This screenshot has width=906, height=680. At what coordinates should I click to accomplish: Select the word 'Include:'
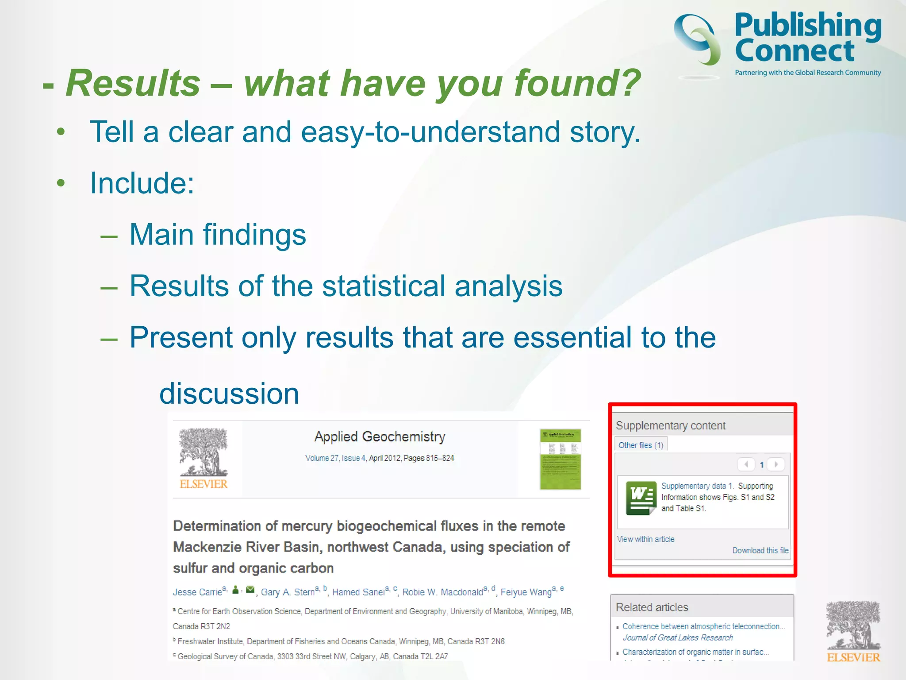pos(142,183)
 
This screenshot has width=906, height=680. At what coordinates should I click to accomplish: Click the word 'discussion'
pos(229,393)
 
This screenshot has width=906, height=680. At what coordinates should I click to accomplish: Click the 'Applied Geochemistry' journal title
pos(380,437)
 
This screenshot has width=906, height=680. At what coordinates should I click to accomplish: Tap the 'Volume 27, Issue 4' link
pos(335,458)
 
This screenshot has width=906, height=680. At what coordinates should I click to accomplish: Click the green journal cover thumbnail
pos(560,459)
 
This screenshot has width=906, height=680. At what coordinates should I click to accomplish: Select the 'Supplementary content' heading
pos(670,425)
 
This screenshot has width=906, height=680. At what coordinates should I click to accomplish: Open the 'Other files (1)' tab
pos(641,445)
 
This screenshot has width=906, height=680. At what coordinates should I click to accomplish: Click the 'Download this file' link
pos(760,550)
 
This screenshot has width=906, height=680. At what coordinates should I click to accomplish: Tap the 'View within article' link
pos(645,539)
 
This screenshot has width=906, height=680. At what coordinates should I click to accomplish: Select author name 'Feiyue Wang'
pos(526,592)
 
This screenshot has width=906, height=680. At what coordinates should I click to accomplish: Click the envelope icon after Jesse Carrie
pos(250,590)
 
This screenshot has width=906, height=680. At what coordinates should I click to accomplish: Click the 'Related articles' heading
pos(652,607)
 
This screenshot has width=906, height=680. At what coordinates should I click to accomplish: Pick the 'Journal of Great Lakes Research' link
pos(677,637)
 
